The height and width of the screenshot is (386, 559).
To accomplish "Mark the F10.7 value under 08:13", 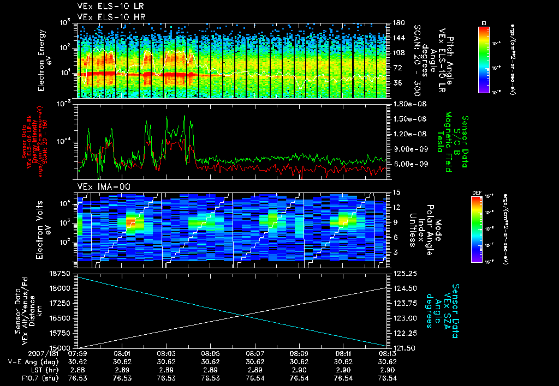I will [387, 378].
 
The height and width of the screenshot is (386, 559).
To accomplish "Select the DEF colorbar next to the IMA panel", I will [477, 229].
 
